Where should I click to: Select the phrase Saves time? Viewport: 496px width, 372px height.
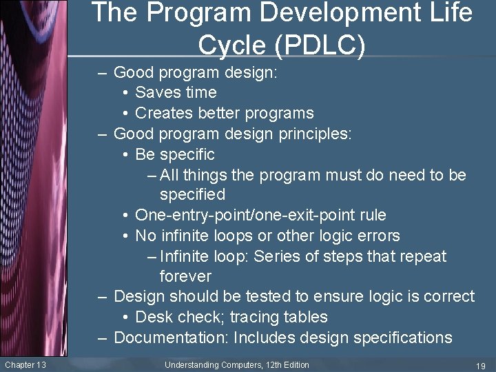[x=176, y=92]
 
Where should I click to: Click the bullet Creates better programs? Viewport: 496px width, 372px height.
[x=225, y=113]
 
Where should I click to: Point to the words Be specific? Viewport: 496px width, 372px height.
[x=175, y=154]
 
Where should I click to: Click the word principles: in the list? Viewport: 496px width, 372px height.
[x=316, y=134]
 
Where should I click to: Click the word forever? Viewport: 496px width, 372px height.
[x=185, y=276]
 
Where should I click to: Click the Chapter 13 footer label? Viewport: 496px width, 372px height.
[x=25, y=364]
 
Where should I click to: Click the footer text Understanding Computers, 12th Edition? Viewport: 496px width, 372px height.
[x=237, y=364]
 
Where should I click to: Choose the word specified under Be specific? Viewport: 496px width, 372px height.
[x=192, y=195]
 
